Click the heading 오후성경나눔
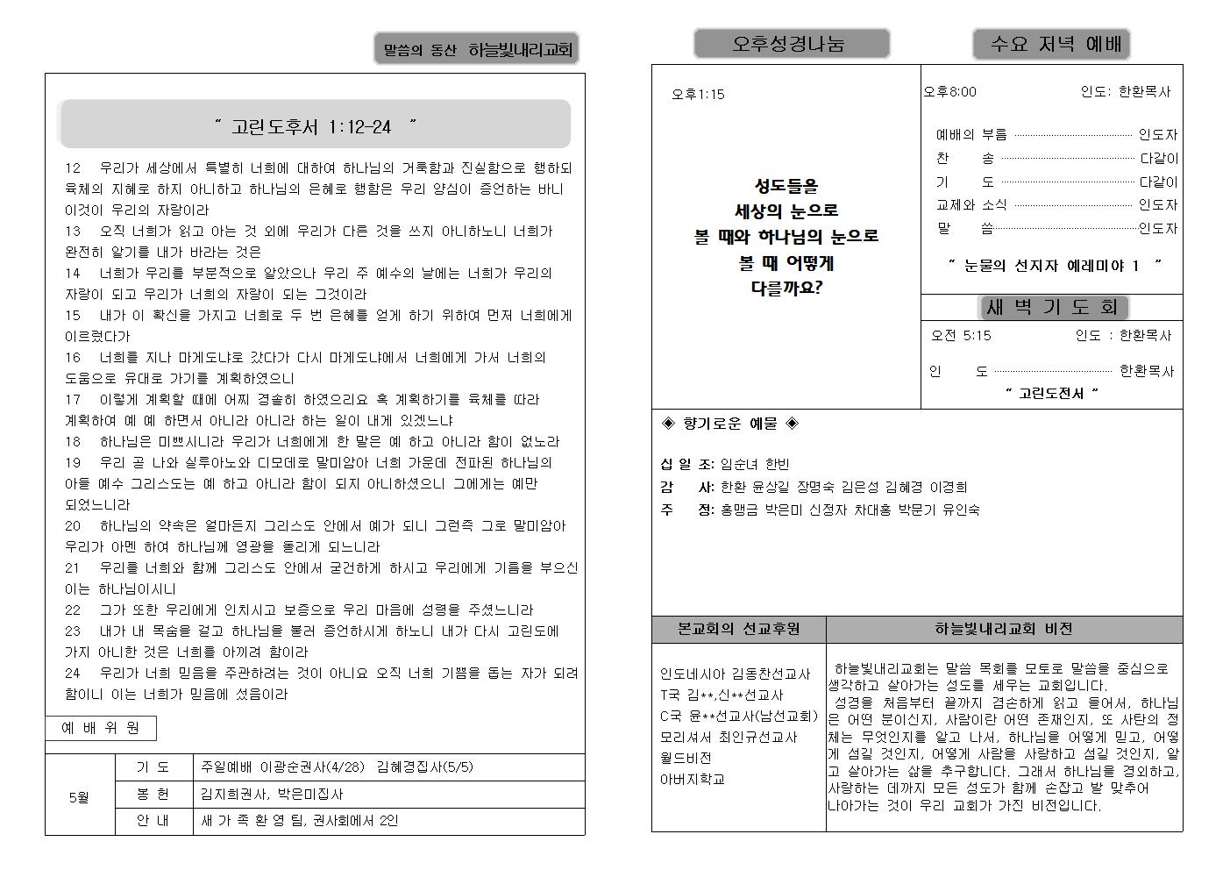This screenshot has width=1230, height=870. [x=791, y=44]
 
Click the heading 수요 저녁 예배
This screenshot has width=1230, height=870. [x=1050, y=44]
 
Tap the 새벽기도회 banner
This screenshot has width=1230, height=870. [x=1052, y=307]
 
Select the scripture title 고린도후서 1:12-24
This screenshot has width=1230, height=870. [x=315, y=126]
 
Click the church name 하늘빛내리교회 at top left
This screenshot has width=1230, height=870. [x=520, y=50]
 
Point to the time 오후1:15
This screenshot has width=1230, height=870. [x=698, y=95]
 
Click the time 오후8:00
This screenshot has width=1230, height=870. [x=949, y=91]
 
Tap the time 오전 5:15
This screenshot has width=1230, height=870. [x=961, y=335]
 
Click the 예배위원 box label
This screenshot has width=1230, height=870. [x=101, y=728]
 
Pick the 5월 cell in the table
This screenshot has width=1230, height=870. [x=80, y=797]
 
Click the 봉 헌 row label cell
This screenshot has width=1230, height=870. [x=153, y=794]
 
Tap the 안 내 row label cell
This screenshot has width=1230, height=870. [x=153, y=821]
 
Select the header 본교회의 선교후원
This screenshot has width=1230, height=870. [x=738, y=629]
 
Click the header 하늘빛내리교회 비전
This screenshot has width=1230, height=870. [x=1004, y=629]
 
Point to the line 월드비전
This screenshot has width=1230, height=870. [x=686, y=758]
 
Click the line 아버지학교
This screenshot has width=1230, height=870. [x=693, y=779]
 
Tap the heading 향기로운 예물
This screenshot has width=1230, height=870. [x=729, y=424]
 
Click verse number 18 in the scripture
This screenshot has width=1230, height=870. [x=73, y=441]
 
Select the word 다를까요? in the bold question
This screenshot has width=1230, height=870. [x=786, y=287]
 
